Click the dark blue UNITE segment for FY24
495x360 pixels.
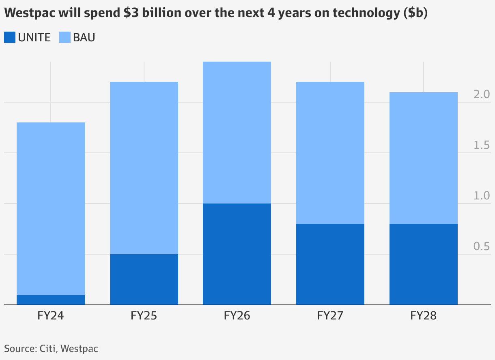tap(51, 300)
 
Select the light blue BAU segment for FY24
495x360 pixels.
tap(51, 208)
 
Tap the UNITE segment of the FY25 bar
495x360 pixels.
tap(144, 279)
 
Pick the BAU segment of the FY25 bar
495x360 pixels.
tap(144, 168)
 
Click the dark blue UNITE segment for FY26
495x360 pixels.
tap(237, 254)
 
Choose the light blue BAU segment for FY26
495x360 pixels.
tap(237, 132)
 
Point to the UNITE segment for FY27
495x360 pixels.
tap(330, 264)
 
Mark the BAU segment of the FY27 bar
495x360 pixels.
tap(330, 152)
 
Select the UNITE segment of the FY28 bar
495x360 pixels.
tap(424, 264)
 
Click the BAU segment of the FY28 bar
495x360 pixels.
tap(424, 158)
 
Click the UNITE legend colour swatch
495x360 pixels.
tap(10, 38)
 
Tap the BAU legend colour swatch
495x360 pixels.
tap(65, 38)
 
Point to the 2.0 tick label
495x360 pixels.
tap(482, 94)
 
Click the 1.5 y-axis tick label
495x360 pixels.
tap(482, 145)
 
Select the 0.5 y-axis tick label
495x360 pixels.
tap(482, 246)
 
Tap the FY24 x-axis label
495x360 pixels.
tap(51, 316)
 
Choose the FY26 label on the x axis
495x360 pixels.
tap(237, 316)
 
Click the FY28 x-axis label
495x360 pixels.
tap(424, 316)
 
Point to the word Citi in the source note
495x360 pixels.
tap(48, 348)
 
